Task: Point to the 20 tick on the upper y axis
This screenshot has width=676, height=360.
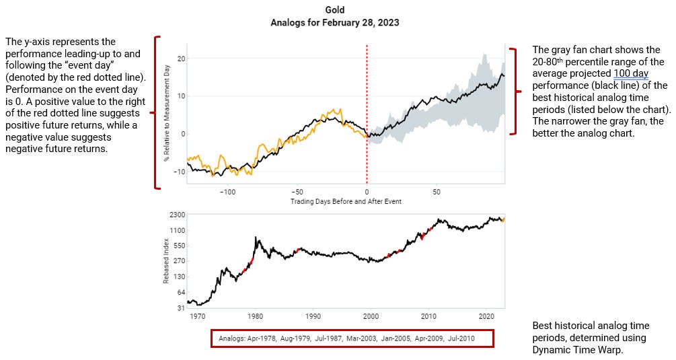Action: [181, 59]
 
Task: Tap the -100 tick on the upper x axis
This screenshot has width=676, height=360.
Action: [227, 192]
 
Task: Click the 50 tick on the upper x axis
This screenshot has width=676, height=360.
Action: [436, 192]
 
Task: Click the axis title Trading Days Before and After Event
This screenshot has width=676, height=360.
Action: [346, 201]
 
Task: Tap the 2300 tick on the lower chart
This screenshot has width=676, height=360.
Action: [177, 215]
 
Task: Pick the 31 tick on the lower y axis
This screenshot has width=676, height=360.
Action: [180, 308]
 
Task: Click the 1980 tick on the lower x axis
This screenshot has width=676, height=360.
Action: [255, 315]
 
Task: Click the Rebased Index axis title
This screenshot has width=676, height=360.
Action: [165, 261]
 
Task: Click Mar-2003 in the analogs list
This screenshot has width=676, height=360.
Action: [362, 338]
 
